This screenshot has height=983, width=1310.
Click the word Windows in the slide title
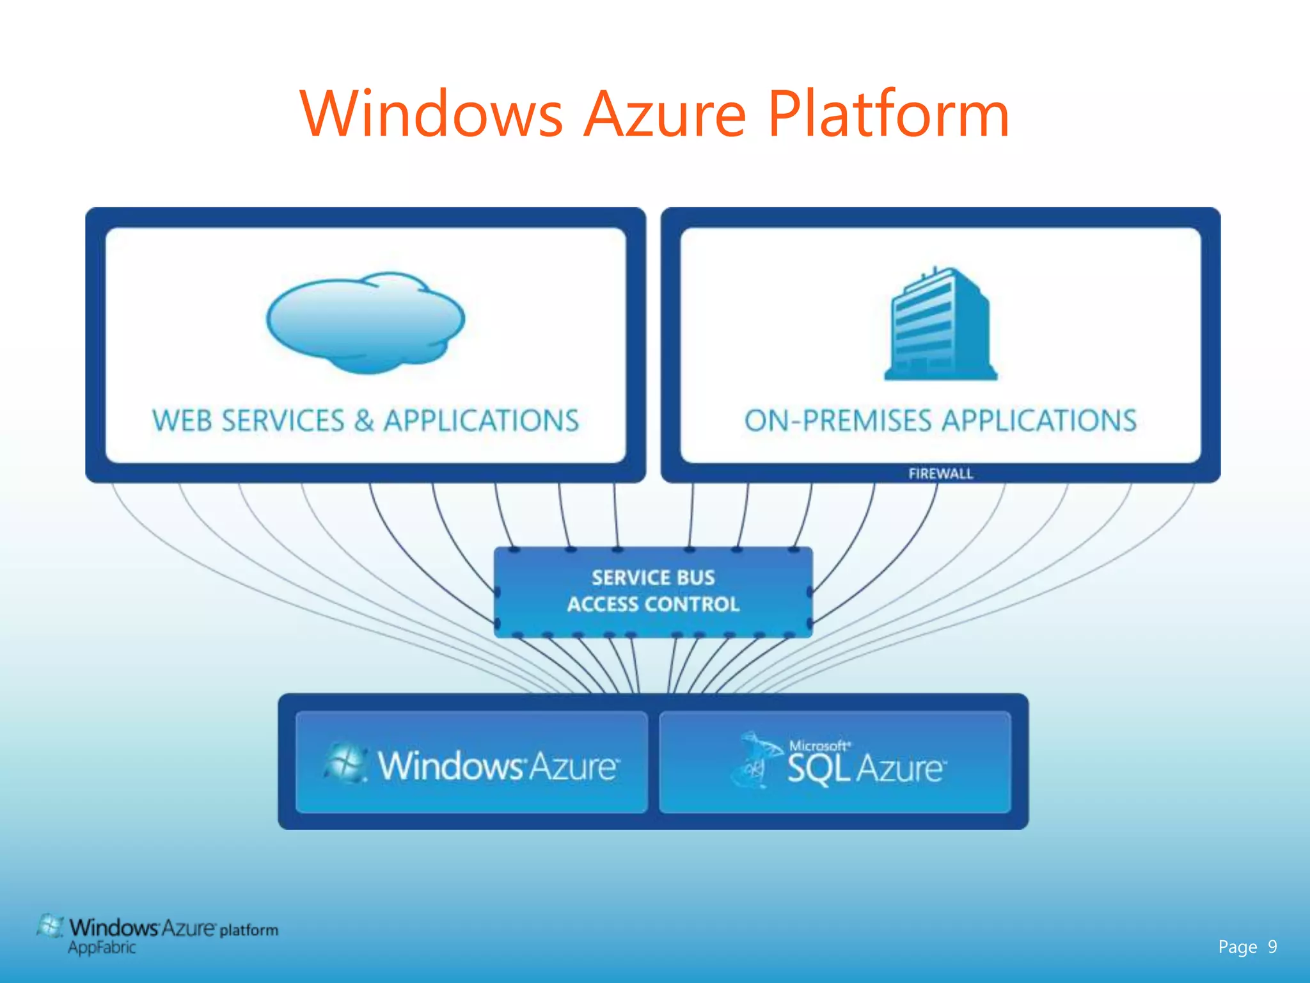click(432, 115)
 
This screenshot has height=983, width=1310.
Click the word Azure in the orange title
click(665, 115)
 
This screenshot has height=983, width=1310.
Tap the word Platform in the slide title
click(888, 115)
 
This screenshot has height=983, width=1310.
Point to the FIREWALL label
click(940, 474)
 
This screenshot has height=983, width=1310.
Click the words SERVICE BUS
click(653, 577)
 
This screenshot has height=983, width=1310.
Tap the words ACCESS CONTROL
click(653, 604)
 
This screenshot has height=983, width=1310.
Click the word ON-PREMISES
click(838, 421)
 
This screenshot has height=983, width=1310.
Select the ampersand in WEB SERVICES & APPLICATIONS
click(363, 421)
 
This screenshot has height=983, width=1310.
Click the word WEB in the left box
click(182, 421)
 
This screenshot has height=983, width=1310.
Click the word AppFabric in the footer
click(102, 948)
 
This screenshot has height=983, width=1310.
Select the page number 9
click(1272, 947)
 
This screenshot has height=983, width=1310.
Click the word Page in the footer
click(1237, 947)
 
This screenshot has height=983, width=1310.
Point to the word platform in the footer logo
click(249, 930)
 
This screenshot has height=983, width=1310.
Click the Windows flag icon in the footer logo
click(50, 927)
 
